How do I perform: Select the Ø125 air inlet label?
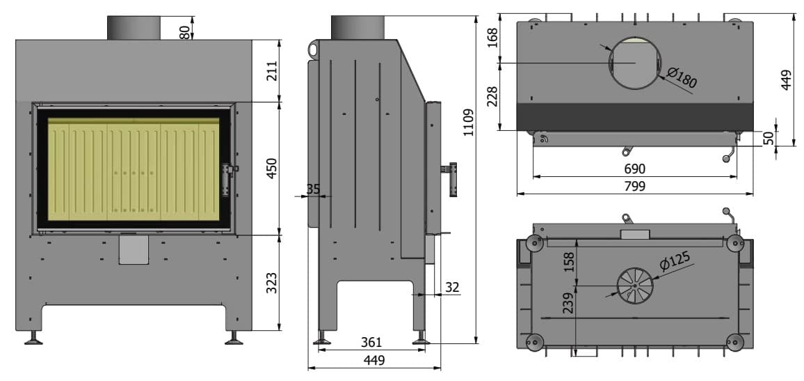[x=675, y=261]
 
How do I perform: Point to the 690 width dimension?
[x=635, y=169]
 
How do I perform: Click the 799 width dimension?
[x=635, y=186]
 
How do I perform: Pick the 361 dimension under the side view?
[x=371, y=342]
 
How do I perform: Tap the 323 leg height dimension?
[x=272, y=282]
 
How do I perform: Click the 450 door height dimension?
[x=272, y=168]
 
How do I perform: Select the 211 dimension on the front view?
[x=272, y=71]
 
